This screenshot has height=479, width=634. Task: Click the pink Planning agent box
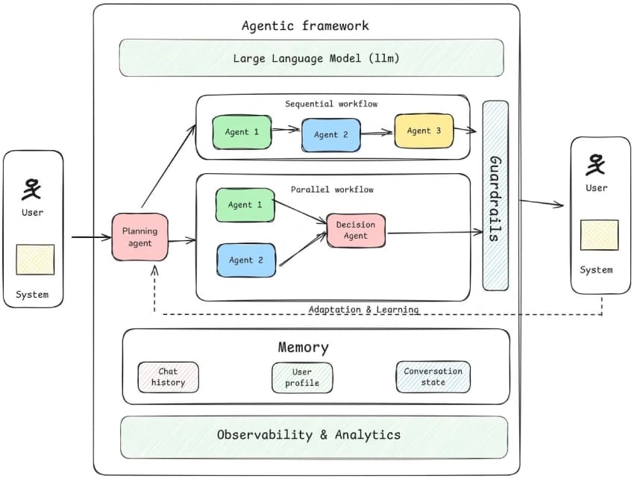139,237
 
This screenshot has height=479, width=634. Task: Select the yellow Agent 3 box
423,131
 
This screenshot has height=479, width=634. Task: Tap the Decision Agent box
356,230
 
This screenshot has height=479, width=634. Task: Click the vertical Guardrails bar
495,195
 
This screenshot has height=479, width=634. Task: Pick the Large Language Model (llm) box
311,58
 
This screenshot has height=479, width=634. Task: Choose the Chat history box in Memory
168,377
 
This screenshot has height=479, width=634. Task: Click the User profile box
301,377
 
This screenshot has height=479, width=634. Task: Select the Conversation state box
433,377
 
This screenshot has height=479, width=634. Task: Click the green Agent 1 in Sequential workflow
242,131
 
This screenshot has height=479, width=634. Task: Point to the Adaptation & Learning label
363,309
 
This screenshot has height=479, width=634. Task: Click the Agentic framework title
305,26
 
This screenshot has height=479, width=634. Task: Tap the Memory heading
303,348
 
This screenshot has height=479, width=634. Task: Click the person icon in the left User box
32,189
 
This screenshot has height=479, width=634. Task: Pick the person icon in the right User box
596,164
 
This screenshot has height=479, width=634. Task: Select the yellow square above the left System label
35,259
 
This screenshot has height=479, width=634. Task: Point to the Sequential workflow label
331,104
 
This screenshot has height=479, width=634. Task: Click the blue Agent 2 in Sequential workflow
330,134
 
